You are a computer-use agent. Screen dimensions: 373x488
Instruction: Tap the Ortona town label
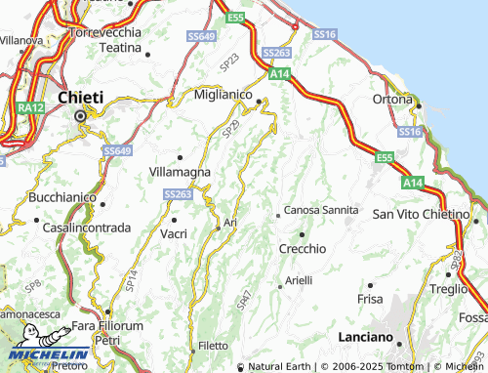pyautogui.click(x=394, y=99)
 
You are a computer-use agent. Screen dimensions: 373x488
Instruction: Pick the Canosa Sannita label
pyautogui.click(x=321, y=212)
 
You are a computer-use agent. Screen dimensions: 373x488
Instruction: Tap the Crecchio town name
pyautogui.click(x=304, y=248)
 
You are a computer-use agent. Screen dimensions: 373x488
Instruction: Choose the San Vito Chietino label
pyautogui.click(x=422, y=214)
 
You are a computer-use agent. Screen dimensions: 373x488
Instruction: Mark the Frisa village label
pyautogui.click(x=371, y=298)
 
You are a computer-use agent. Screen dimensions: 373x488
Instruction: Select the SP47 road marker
pyautogui.click(x=245, y=294)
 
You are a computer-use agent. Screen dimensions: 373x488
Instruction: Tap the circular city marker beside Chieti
pyautogui.click(x=81, y=116)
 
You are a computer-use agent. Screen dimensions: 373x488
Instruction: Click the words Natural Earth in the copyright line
pyautogui.click(x=279, y=367)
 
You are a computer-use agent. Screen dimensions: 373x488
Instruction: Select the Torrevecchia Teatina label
pyautogui.click(x=106, y=38)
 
